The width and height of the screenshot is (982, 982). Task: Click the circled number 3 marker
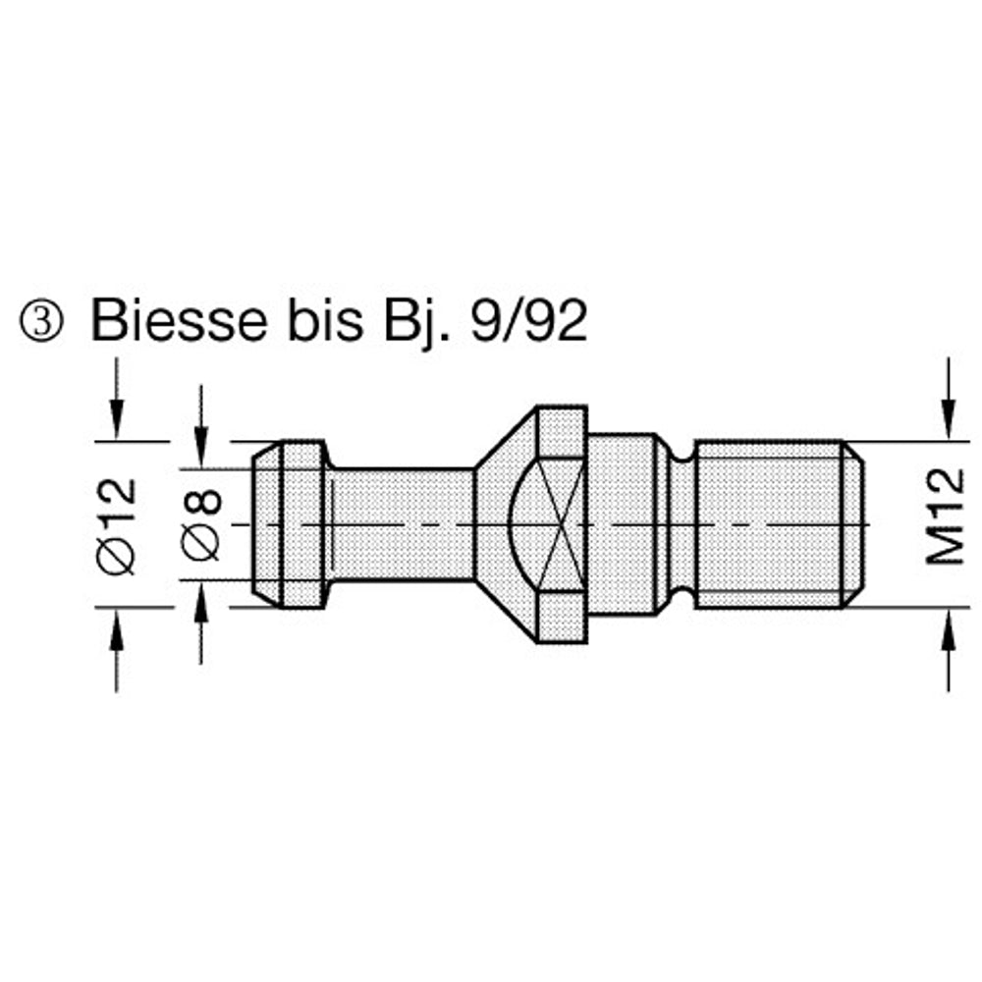pos(40,322)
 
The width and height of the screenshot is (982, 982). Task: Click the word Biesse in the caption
pos(179,321)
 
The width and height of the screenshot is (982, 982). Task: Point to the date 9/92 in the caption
pos(529,321)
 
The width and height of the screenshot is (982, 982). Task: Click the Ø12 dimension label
pos(117,524)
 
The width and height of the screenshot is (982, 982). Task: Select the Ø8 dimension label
pos(201,523)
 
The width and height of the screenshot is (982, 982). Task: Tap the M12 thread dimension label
pos(946,517)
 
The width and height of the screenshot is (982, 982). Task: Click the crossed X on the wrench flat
pos(562,523)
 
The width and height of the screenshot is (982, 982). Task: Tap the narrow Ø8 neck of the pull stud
pos(401,524)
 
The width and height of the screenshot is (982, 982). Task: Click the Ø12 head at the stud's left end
pos(290,524)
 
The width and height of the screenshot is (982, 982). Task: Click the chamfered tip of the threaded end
pos(852,524)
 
